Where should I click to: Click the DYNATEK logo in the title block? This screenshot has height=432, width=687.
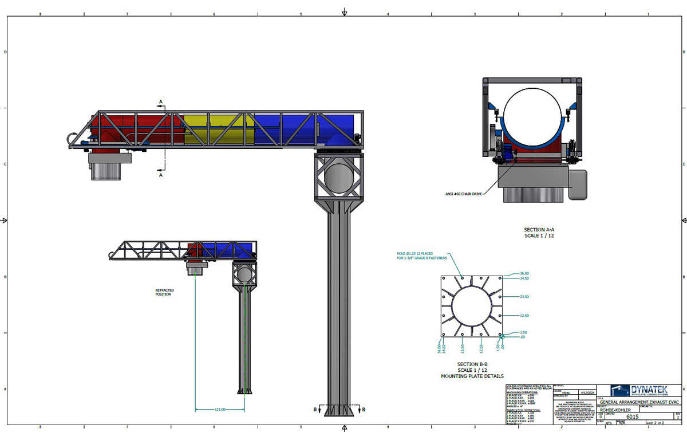coord(637,391)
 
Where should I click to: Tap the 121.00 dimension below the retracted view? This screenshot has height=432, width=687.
coord(219,409)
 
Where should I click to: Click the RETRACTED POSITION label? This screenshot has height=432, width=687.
coord(164,292)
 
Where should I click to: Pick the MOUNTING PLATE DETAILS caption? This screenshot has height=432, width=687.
coord(472,376)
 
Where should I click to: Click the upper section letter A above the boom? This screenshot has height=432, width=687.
coord(161,101)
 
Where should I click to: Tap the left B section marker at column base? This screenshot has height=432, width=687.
coord(315,410)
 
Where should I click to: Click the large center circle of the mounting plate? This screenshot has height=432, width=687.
coord(472,307)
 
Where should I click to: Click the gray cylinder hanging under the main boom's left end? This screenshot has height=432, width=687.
coord(106,170)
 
